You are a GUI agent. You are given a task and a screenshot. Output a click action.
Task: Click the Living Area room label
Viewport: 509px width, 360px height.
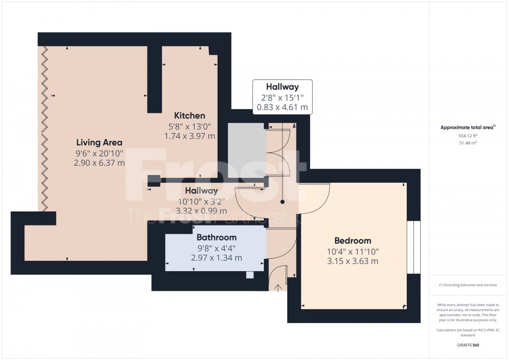(x=99, y=142)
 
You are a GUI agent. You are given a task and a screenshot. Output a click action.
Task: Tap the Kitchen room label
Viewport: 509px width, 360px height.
(x=190, y=116)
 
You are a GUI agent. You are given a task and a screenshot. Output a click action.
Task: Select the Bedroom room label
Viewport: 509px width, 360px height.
(x=352, y=241)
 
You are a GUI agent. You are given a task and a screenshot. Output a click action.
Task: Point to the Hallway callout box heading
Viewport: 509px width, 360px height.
(x=283, y=87)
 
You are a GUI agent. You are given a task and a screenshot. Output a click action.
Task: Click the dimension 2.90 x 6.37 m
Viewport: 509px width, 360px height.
(x=99, y=163)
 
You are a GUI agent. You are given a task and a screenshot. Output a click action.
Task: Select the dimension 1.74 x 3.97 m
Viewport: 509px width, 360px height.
(x=190, y=136)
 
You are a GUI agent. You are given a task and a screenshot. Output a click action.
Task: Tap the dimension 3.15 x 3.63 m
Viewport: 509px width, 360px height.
(x=352, y=261)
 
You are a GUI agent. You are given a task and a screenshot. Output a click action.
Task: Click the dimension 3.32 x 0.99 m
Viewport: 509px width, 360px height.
(x=202, y=211)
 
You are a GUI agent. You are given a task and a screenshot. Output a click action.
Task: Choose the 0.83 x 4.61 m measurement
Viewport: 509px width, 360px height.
(x=283, y=108)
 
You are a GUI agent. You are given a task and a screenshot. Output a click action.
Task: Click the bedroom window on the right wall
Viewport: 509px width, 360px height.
(x=413, y=247)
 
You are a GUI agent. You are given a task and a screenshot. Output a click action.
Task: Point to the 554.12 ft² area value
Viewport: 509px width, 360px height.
(x=468, y=136)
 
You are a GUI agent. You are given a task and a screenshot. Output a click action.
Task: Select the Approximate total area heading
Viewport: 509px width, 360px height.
(x=468, y=127)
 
